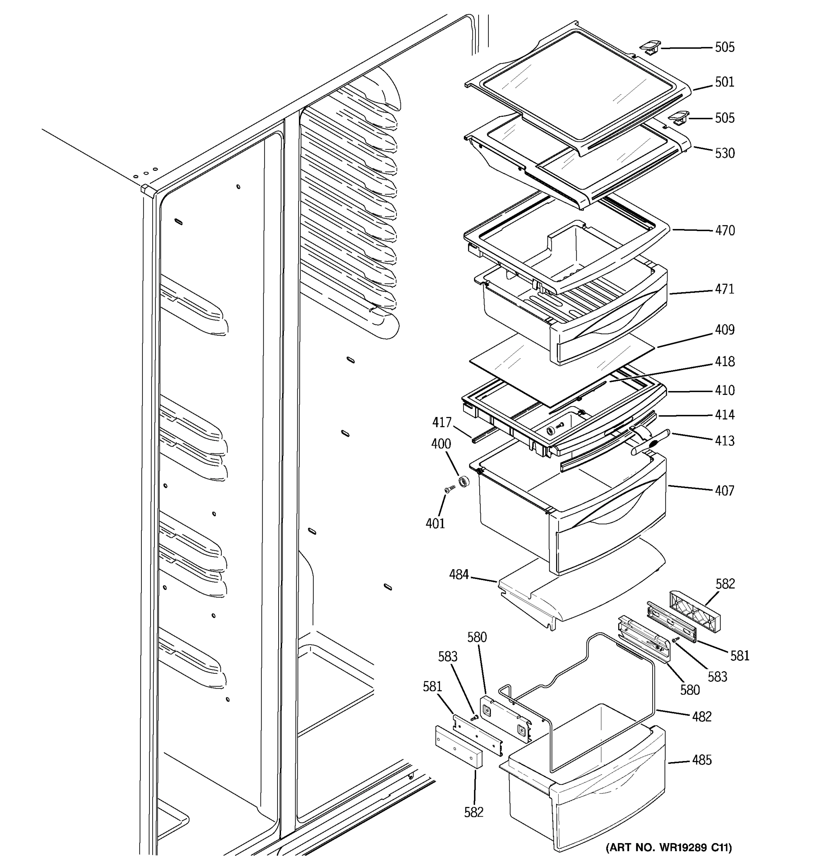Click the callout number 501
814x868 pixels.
pyautogui.click(x=725, y=82)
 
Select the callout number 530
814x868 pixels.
pyautogui.click(x=725, y=153)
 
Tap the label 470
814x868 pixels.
pyautogui.click(x=725, y=230)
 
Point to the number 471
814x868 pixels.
pyautogui.click(x=725, y=289)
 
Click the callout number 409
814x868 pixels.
pyautogui.click(x=725, y=329)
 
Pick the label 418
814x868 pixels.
pyautogui.click(x=725, y=362)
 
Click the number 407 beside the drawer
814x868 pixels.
pyautogui.click(x=725, y=491)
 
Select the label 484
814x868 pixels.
pyautogui.click(x=459, y=575)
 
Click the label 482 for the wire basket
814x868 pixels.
pyautogui.click(x=702, y=716)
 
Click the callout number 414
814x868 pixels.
pyautogui.click(x=725, y=415)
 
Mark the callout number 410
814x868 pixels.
pyautogui.click(x=725, y=390)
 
